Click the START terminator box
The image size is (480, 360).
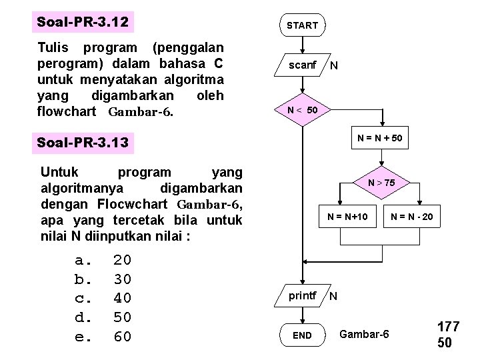(302, 25)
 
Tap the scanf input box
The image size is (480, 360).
(302, 65)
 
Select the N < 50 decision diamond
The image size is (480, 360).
(302, 109)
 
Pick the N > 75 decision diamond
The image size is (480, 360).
(381, 183)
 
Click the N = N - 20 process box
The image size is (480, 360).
(412, 216)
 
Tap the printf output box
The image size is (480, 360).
(302, 295)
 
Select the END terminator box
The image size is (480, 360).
(302, 335)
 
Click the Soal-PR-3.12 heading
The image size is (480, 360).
(83, 23)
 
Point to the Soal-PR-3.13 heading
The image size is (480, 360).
(83, 143)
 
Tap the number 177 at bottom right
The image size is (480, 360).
(448, 327)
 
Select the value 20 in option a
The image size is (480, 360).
(122, 260)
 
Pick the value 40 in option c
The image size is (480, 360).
(122, 298)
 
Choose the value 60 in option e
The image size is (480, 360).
(122, 337)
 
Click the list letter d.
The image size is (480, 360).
(82, 317)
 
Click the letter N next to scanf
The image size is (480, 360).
(334, 66)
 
